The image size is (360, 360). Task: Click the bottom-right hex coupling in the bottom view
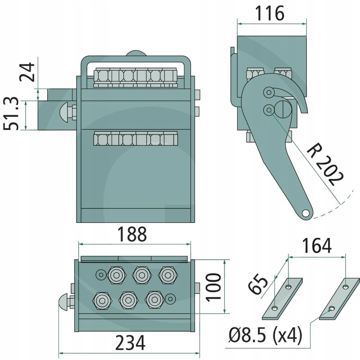pos(154,299)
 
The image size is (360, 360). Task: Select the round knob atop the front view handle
pos(136,54)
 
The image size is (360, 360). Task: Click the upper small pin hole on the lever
pos(269,93)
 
